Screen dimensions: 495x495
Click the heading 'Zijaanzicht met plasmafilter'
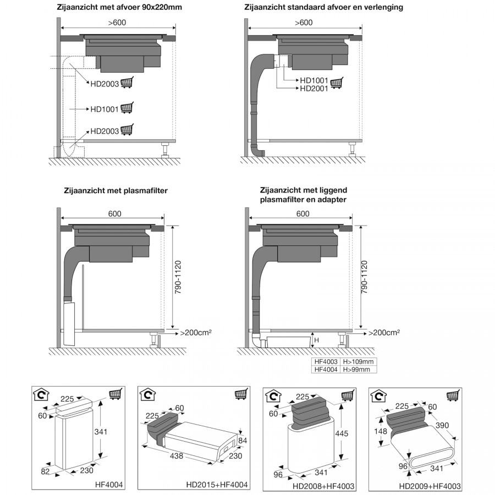click(116, 191)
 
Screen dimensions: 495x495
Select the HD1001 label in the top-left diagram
click(104, 109)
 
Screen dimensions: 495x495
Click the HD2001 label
click(314, 89)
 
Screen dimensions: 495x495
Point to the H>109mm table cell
click(359, 362)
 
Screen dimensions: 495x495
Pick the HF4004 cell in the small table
click(326, 370)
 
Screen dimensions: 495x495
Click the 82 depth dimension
click(46, 472)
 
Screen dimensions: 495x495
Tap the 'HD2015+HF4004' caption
click(215, 485)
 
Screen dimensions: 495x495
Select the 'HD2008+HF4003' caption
click(323, 486)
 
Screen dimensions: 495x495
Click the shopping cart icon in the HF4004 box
click(116, 394)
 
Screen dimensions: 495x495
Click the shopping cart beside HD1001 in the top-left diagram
click(127, 108)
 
